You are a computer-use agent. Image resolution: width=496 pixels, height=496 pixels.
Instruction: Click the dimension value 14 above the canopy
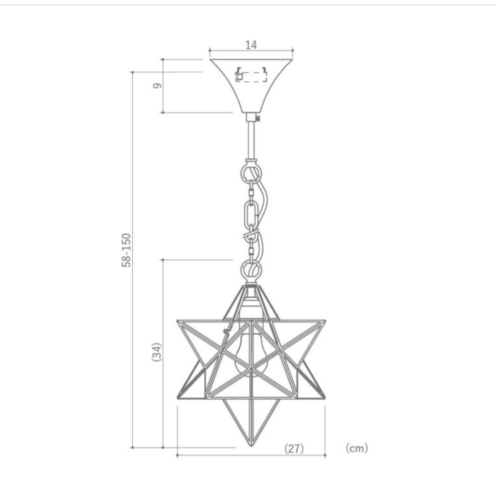pyautogui.click(x=251, y=45)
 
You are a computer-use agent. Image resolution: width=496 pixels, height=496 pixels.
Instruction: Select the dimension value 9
pyautogui.click(x=157, y=86)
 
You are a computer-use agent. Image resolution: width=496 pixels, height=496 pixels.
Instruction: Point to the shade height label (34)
pyautogui.click(x=157, y=352)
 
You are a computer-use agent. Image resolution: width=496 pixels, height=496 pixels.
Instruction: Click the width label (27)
pyautogui.click(x=294, y=448)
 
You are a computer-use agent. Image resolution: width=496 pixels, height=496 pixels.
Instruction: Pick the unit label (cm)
pyautogui.click(x=357, y=448)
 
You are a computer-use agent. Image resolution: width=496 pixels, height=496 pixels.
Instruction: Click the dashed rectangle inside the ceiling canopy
pyautogui.click(x=251, y=76)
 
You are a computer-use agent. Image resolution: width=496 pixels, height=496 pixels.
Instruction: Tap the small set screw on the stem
pyautogui.click(x=259, y=118)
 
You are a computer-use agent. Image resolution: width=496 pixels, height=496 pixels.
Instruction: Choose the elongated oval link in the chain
pyautogui.click(x=251, y=213)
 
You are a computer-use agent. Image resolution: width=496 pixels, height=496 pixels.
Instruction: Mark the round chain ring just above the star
pyautogui.click(x=251, y=268)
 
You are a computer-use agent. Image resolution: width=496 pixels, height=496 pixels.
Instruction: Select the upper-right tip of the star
pyautogui.click(x=325, y=321)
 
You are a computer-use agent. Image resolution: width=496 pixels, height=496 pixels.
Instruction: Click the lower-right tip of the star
pyautogui.click(x=324, y=398)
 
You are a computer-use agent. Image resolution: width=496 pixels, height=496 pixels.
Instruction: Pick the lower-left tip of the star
pyautogui.click(x=178, y=398)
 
